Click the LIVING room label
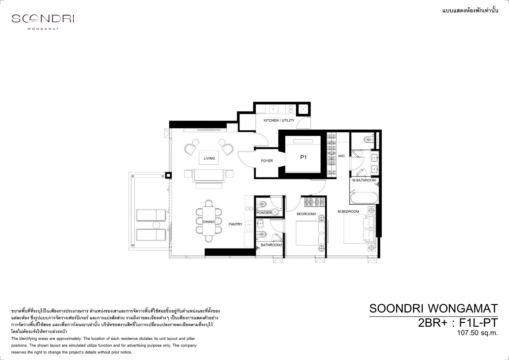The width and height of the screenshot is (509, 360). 209,158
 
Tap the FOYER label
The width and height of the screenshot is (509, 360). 267,161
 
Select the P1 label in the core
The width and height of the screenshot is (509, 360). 304,157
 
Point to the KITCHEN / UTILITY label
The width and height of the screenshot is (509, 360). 279,120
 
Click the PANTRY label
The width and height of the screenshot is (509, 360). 235,224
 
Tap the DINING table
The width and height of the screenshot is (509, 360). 209,221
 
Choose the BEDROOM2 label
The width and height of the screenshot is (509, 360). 306,214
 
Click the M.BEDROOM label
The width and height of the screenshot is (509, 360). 348,211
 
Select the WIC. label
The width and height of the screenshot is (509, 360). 342,156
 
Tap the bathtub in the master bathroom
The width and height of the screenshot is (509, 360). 364,198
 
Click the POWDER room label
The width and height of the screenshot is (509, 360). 264,213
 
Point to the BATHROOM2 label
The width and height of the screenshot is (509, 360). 271,245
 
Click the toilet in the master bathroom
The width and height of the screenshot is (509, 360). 367,139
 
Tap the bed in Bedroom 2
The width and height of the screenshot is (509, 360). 310,233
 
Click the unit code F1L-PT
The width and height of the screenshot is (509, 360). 478,323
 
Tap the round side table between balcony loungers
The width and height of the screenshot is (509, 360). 156,225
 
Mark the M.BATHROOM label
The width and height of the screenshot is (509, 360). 364,180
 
